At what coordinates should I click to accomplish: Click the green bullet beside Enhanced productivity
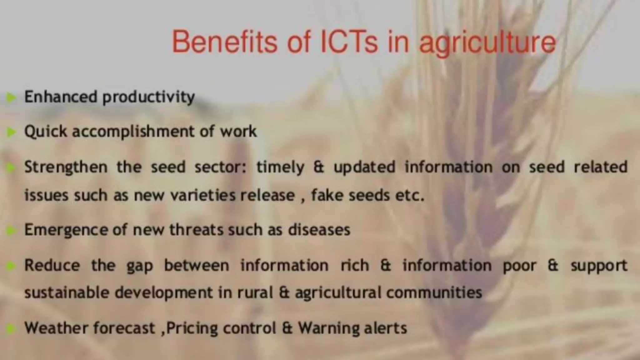click(x=11, y=97)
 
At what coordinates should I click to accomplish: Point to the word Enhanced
click(x=61, y=97)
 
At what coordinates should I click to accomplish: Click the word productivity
click(x=149, y=97)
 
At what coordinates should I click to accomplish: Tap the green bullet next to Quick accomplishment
click(x=11, y=132)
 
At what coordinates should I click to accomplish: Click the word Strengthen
click(x=66, y=167)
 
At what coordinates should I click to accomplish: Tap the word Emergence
click(x=66, y=230)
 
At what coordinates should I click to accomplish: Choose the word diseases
click(x=319, y=230)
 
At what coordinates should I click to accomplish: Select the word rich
click(x=355, y=265)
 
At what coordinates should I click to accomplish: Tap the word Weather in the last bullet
click(x=56, y=328)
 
